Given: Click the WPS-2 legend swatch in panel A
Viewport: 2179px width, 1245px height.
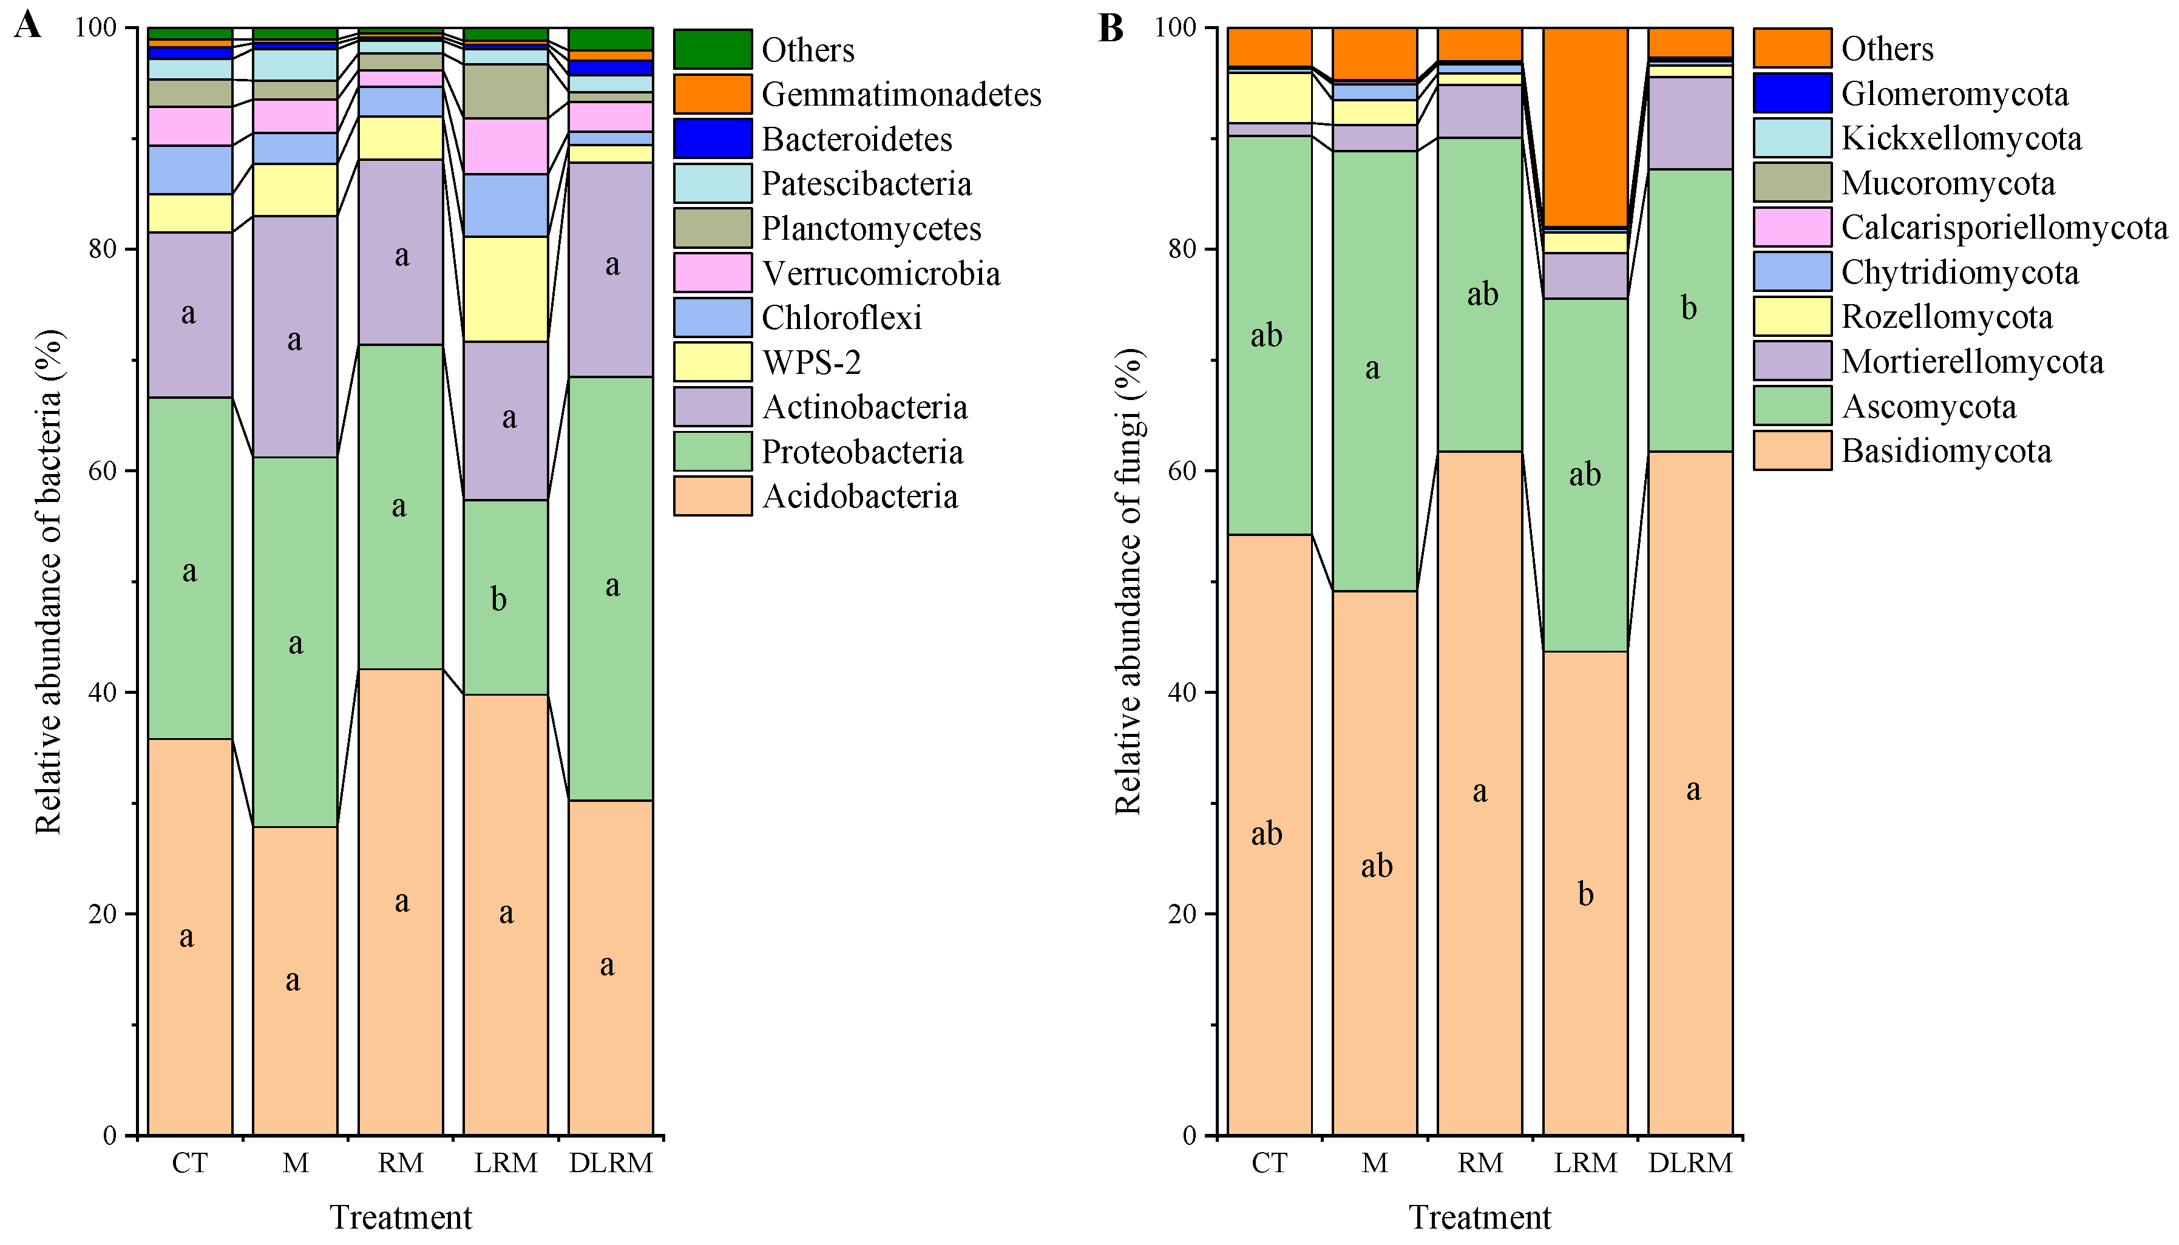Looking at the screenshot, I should coord(711,362).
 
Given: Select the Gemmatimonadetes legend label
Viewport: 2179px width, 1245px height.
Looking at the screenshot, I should coord(901,94).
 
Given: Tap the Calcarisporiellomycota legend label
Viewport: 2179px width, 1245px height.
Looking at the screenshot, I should coord(2004,228).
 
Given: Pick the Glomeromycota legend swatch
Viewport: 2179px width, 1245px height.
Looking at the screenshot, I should coord(1792,93).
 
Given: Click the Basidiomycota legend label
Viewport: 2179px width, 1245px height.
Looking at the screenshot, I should coord(1946,450).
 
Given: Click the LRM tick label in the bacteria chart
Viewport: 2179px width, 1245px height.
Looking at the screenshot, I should coord(506,1163).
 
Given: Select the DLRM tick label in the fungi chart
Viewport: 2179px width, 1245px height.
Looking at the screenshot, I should coord(1690,1163).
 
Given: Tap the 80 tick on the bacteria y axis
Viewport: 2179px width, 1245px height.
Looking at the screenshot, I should coord(96,249).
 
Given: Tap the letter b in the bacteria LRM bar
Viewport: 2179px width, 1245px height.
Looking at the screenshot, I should coord(500,599).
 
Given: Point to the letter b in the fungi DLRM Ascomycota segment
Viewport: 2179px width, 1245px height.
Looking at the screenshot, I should coord(1689,308).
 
